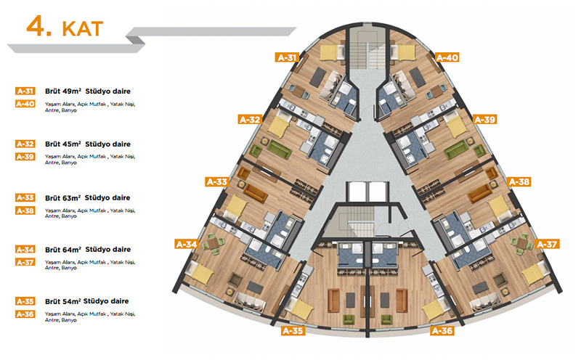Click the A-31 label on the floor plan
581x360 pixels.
(x=287, y=57)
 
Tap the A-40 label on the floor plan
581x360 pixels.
(x=445, y=57)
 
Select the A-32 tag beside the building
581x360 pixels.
(x=249, y=119)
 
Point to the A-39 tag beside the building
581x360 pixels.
(x=484, y=119)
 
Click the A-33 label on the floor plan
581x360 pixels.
(x=217, y=181)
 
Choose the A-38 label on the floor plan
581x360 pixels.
(x=518, y=181)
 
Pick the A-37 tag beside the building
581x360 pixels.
(x=548, y=244)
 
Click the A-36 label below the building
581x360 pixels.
(x=442, y=331)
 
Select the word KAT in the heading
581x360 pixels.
(x=82, y=28)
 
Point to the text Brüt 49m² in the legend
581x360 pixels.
(x=62, y=91)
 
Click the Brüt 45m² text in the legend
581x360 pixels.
(x=62, y=144)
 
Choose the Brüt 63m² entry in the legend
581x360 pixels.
(x=62, y=197)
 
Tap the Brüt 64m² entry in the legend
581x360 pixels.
(x=62, y=249)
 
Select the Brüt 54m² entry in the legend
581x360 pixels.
(x=62, y=300)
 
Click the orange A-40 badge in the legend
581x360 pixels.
(x=25, y=104)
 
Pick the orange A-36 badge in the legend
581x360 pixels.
(x=25, y=314)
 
